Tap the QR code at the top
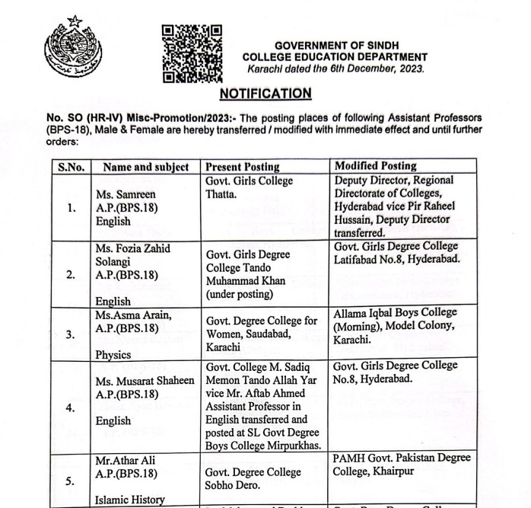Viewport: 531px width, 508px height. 192,53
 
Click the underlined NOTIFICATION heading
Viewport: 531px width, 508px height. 265,94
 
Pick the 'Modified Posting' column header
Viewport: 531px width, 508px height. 376,166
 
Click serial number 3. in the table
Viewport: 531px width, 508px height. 71,334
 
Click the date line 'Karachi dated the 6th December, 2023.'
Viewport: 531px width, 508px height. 335,69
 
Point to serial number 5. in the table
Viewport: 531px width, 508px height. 71,481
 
